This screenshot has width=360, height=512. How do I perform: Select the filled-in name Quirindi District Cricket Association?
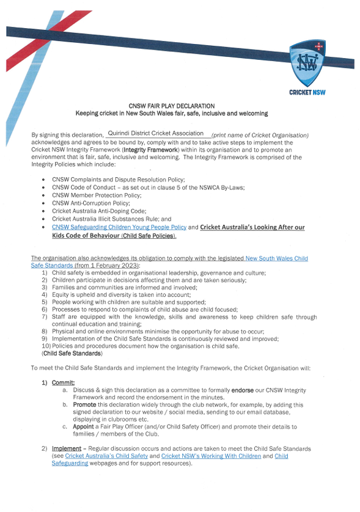point(155,133)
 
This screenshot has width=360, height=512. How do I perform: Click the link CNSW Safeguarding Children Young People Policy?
point(119,227)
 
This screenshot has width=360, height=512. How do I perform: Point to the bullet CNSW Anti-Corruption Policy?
point(91,203)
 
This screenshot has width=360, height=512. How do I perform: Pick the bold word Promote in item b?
point(84,404)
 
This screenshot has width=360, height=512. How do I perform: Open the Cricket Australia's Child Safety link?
point(105,456)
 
